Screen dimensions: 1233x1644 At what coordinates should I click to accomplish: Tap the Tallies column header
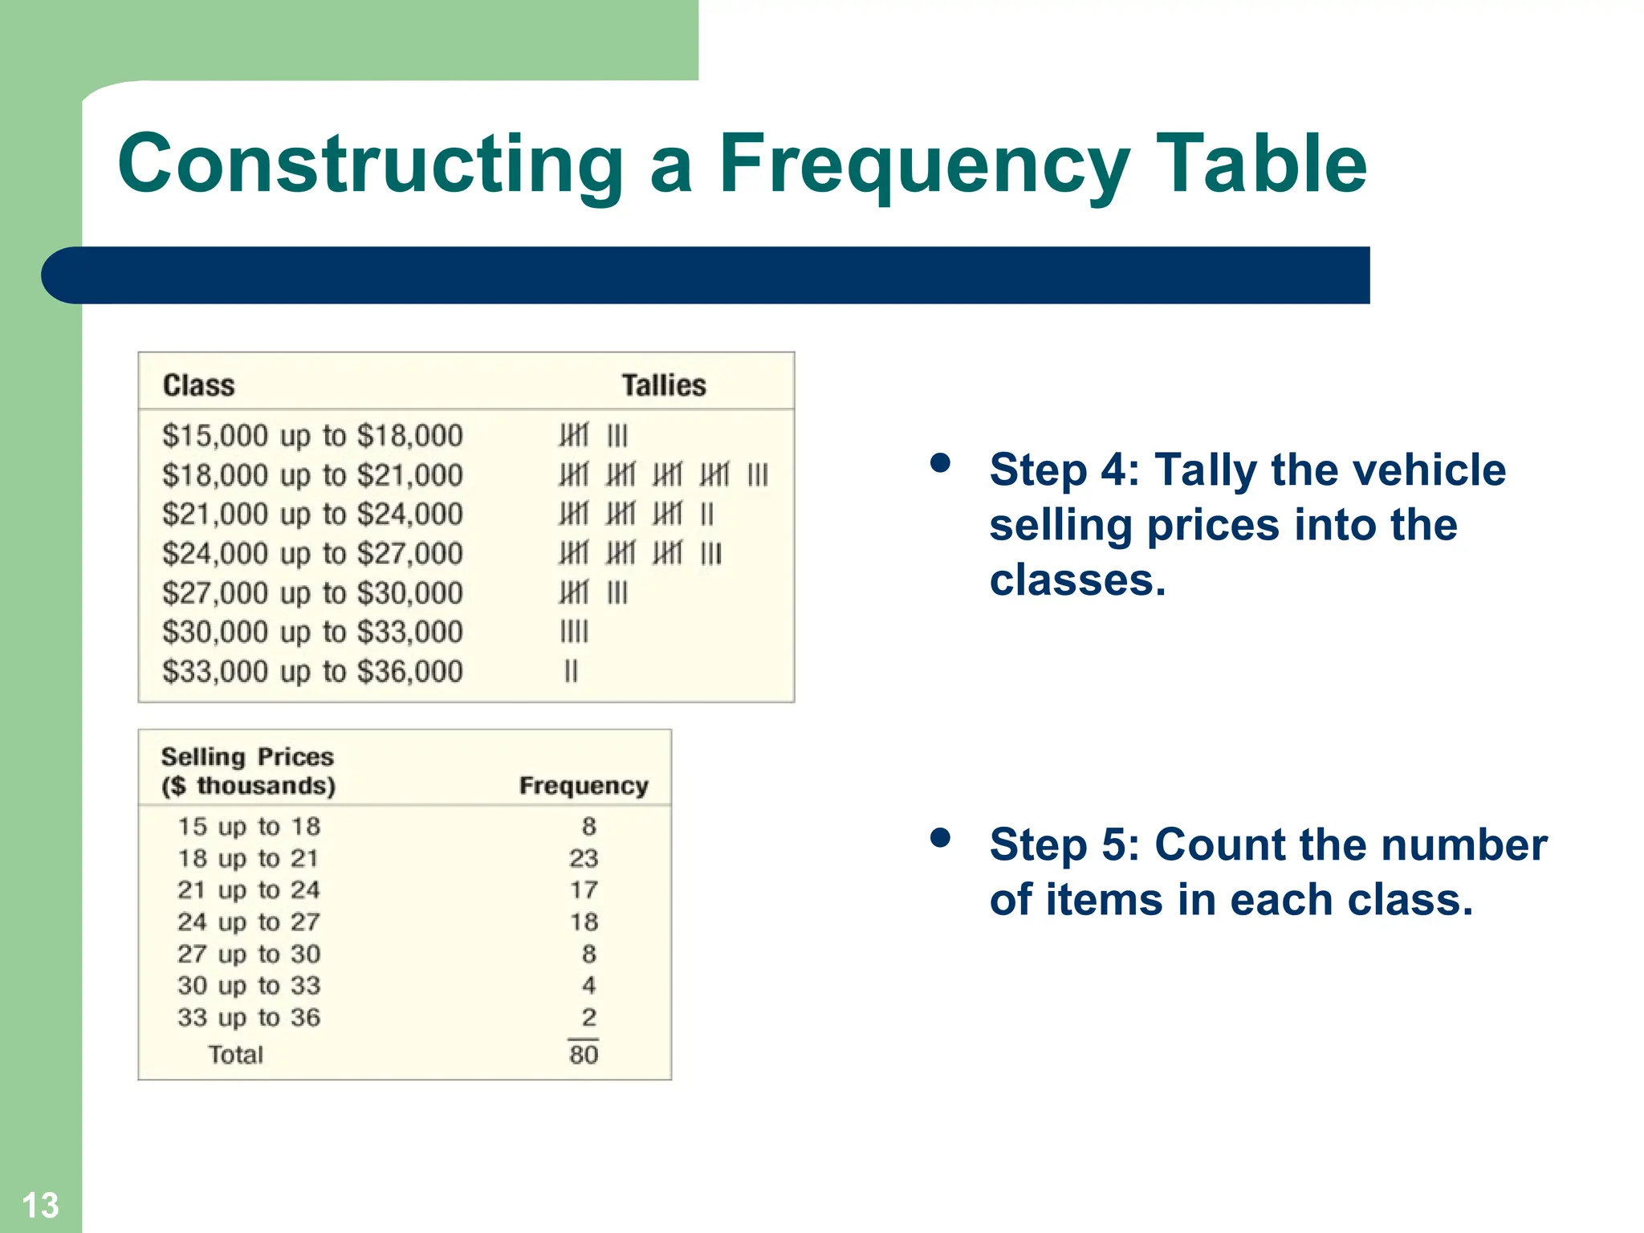tap(664, 385)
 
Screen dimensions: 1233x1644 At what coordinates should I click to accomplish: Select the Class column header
tap(198, 385)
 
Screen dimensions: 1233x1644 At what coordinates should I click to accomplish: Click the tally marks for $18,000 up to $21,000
tap(663, 475)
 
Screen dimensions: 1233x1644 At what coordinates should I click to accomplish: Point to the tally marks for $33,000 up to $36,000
tap(571, 671)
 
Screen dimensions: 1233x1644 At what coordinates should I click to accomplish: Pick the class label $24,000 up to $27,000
tap(312, 554)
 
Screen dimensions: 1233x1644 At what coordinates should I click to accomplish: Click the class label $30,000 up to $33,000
tap(312, 633)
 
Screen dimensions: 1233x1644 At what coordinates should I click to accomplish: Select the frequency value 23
tap(584, 858)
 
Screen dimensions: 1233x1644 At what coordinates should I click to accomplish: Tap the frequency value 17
tap(584, 889)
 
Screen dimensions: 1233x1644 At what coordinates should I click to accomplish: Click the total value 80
tap(584, 1055)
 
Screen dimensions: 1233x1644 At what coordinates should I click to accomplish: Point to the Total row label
tap(235, 1055)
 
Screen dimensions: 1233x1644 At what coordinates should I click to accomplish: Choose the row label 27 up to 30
tap(249, 954)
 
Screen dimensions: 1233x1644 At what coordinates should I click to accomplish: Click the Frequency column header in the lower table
tap(584, 785)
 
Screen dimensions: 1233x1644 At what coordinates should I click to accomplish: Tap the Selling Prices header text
tap(247, 757)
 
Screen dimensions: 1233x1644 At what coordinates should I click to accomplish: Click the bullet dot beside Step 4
tap(940, 463)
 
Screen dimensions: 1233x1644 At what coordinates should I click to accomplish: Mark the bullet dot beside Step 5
tap(940, 839)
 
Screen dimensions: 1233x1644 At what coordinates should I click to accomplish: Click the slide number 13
tap(40, 1205)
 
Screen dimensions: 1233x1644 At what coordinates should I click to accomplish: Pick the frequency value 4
tap(588, 985)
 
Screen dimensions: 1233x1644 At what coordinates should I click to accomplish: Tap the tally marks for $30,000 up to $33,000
tap(574, 633)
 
